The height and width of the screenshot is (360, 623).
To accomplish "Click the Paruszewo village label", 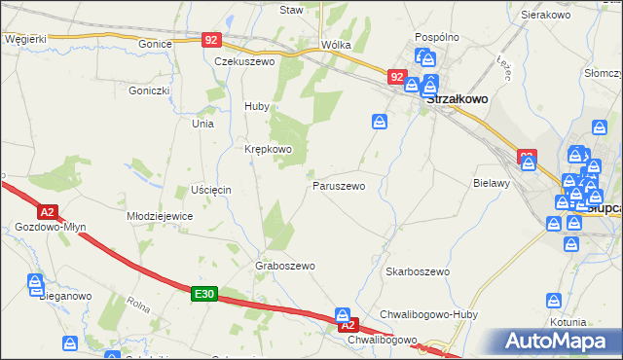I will pos(338,185).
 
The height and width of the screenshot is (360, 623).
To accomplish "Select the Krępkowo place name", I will pos(268,149).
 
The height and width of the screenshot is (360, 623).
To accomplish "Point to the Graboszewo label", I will pos(285,266).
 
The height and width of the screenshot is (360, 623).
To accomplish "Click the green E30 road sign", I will pos(202,293).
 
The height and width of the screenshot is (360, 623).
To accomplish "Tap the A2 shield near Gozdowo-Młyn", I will pos(47,210).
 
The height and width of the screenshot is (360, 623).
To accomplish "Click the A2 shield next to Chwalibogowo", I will pos(349,324).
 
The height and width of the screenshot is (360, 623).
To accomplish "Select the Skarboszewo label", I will pos(417,271).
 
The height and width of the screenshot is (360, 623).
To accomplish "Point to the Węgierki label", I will pos(25,39).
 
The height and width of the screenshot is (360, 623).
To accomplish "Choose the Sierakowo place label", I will pos(544,16).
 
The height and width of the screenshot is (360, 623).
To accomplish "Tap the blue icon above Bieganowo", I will pos(35,282).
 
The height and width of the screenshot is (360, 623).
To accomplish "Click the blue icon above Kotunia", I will pos(554,301).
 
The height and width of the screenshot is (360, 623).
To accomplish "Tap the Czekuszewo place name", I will pos(244,60).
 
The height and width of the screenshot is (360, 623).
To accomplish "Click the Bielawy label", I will pos(491,183).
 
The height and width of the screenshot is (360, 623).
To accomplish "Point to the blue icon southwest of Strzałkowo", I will pos(380,122).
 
